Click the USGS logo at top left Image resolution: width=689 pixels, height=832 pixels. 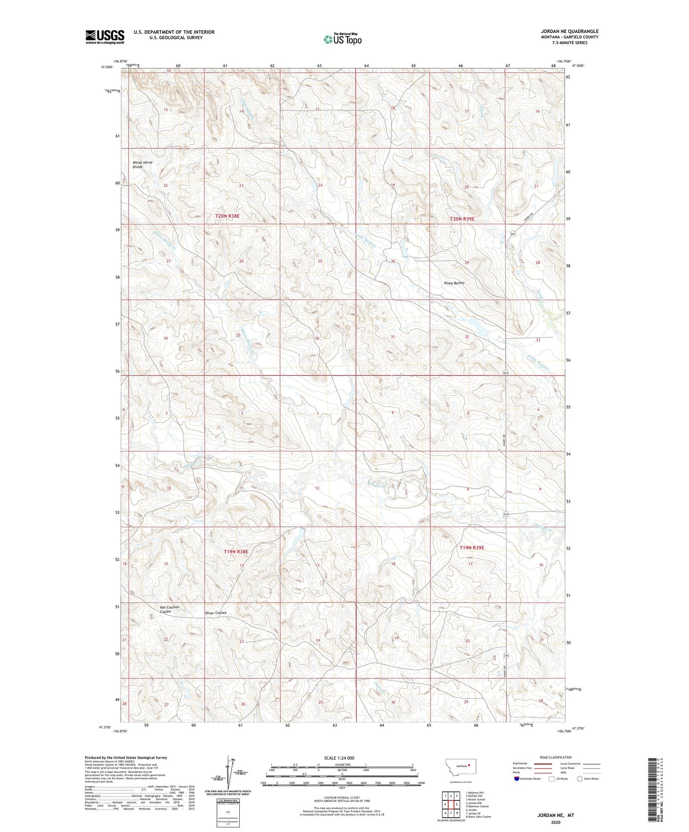(x=105, y=37)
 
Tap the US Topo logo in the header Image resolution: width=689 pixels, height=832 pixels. (x=343, y=39)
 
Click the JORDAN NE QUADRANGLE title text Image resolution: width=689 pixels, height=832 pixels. (x=570, y=31)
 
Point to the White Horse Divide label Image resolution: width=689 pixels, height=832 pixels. (x=142, y=165)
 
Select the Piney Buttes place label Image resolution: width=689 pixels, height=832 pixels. (x=454, y=283)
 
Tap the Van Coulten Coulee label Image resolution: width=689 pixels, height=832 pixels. (x=169, y=609)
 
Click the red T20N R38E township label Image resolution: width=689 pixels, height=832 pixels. (x=228, y=216)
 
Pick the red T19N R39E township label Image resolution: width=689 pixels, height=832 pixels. (x=472, y=548)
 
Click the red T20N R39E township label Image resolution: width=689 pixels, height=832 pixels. (x=462, y=219)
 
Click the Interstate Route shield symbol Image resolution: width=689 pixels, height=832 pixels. (x=517, y=778)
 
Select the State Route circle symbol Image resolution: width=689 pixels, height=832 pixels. (x=580, y=778)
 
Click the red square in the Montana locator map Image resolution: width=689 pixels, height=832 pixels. (x=469, y=765)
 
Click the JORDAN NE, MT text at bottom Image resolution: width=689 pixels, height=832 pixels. (x=556, y=815)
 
